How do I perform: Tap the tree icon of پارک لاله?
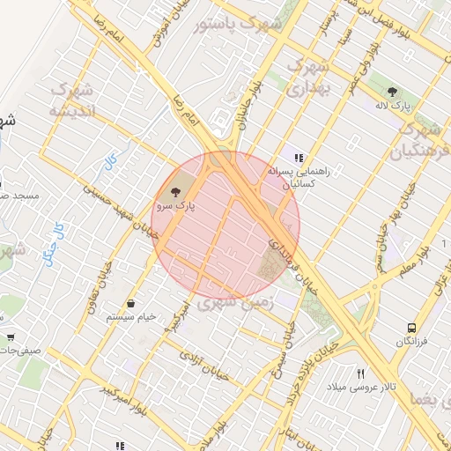point(392,91)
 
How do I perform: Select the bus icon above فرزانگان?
point(411,328)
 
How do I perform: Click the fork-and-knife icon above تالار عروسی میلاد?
point(359,373)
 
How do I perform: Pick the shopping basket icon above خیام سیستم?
point(130,303)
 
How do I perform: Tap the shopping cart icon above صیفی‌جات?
point(11,336)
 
